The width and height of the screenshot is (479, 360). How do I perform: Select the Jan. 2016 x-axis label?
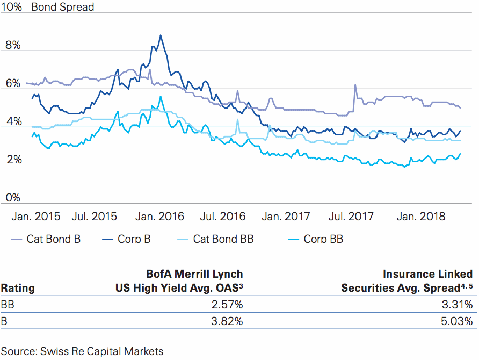pos(159,217)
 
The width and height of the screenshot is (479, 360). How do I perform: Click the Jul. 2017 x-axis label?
pos(350,217)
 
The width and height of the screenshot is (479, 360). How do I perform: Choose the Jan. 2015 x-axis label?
pos(35,217)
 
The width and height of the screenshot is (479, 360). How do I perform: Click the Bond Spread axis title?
pos(63,8)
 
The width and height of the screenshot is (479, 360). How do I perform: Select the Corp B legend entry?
pos(134,239)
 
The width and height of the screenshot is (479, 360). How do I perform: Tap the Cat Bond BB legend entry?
pos(223,239)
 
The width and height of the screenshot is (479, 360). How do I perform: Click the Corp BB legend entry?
pos(323,239)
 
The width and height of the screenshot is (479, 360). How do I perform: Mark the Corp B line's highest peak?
pos(160,35)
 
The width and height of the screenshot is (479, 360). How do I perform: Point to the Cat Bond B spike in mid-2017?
pos(355,85)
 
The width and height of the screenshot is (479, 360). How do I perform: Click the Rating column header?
pos(18,288)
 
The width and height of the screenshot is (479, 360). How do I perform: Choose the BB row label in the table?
pos(8,305)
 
